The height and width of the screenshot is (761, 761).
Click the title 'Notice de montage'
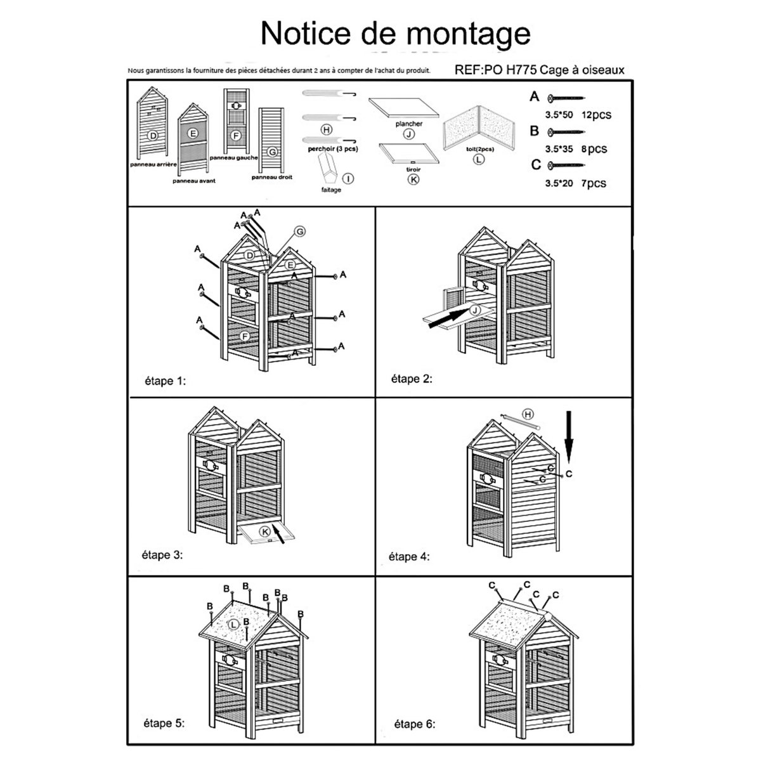click(395, 33)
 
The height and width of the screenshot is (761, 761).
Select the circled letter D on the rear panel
click(152, 136)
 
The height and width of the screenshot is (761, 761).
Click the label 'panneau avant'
click(193, 181)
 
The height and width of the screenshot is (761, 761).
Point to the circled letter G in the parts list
click(271, 152)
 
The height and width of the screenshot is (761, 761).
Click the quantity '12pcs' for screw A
click(596, 115)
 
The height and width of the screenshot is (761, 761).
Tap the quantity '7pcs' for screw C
click(594, 183)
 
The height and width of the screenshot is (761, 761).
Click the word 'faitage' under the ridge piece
click(331, 190)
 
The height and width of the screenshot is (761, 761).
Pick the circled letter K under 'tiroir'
click(413, 179)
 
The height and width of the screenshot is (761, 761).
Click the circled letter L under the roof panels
click(479, 159)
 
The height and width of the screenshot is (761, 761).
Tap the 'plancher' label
click(408, 124)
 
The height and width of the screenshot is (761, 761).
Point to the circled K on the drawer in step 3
click(265, 531)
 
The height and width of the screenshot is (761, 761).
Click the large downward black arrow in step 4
click(569, 437)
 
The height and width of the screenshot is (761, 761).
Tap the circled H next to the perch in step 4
click(528, 414)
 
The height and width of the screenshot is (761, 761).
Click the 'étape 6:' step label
click(415, 742)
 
